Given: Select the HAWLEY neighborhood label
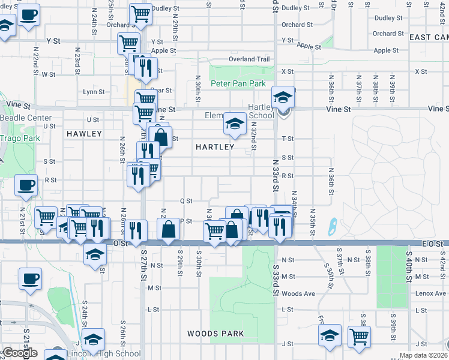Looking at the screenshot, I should pyautogui.click(x=84, y=133).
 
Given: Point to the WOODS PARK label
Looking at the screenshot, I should pyautogui.click(x=215, y=334).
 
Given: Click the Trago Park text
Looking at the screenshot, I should pyautogui.click(x=19, y=138).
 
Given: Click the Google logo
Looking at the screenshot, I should pyautogui.click(x=19, y=353).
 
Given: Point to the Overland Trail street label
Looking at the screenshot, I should pyautogui.click(x=249, y=59).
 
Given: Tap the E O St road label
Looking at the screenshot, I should pyautogui.click(x=432, y=244).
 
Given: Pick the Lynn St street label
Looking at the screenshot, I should pyautogui.click(x=94, y=92).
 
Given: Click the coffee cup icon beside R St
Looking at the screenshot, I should pyautogui.click(x=25, y=185).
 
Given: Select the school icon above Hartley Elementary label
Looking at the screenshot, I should pyautogui.click(x=234, y=124).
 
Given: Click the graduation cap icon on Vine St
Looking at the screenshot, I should pyautogui.click(x=282, y=96).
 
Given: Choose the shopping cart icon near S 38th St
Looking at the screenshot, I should pyautogui.click(x=359, y=337).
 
